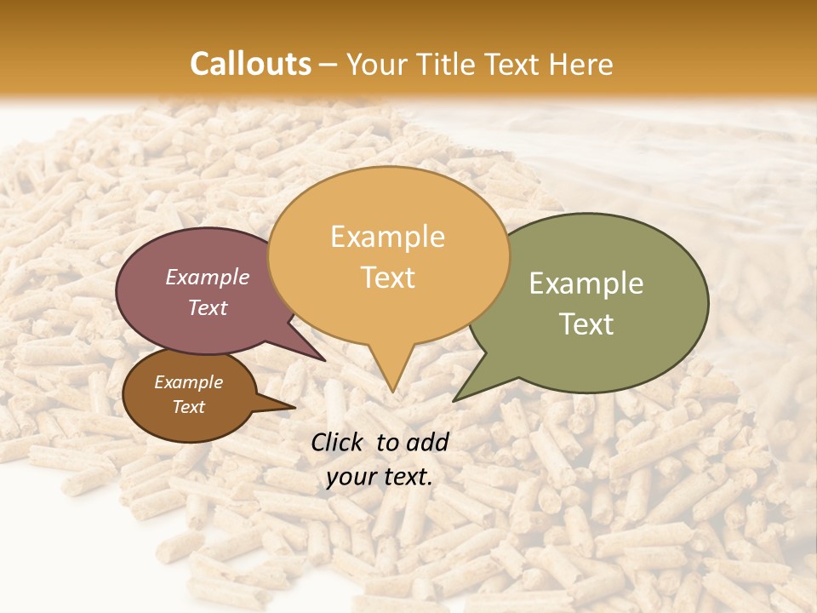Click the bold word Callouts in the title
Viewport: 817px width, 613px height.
click(x=250, y=64)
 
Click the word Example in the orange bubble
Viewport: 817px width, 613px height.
click(x=387, y=237)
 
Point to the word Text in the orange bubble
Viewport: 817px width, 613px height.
click(x=388, y=278)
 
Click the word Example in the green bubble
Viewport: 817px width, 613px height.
click(x=586, y=284)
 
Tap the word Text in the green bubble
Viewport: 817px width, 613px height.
click(x=586, y=324)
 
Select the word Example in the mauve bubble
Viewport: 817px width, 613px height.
click(x=207, y=278)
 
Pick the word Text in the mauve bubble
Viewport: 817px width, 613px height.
click(x=207, y=308)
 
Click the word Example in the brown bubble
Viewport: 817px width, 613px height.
click(x=188, y=382)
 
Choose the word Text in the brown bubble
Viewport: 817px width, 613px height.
click(x=188, y=407)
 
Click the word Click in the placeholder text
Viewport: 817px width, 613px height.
click(x=338, y=442)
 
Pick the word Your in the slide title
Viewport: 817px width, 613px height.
click(x=376, y=64)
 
